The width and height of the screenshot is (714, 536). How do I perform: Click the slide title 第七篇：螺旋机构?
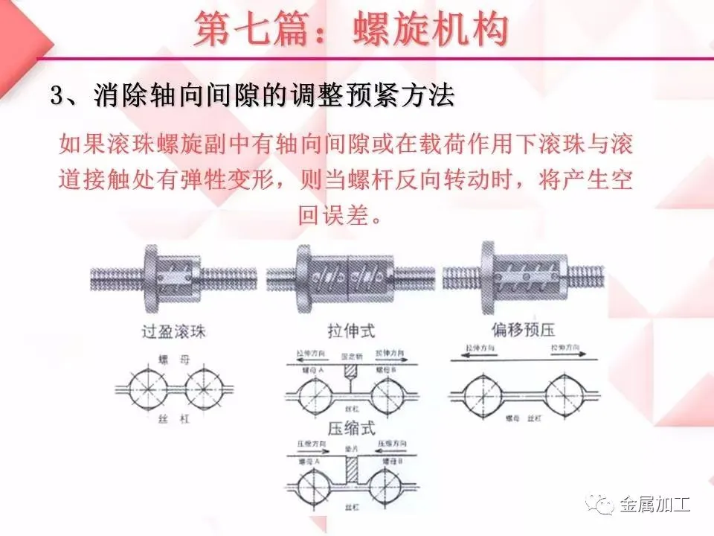351,31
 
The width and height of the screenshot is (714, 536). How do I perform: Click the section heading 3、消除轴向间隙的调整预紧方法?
252,96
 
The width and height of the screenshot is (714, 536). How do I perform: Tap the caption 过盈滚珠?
173,331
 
